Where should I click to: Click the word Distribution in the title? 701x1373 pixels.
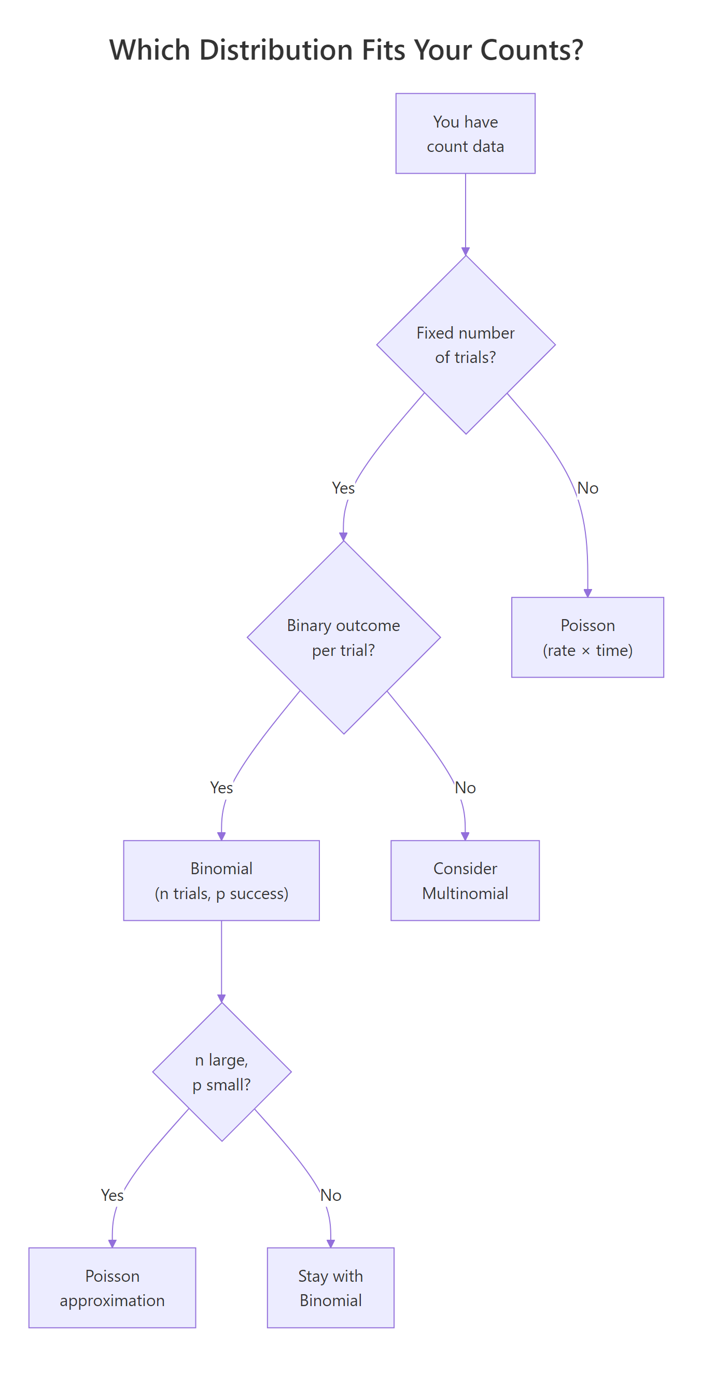click(x=276, y=50)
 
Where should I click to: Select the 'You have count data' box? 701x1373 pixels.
click(x=465, y=134)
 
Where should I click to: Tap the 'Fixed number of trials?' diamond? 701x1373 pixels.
click(x=466, y=345)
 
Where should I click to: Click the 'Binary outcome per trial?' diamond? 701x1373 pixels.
click(x=343, y=637)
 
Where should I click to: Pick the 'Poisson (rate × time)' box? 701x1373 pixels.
click(x=587, y=637)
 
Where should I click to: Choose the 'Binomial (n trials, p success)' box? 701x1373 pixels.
click(x=221, y=880)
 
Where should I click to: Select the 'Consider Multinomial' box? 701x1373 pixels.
click(x=465, y=880)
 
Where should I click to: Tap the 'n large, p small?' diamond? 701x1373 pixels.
click(x=221, y=1072)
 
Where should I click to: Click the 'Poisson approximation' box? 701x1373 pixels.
click(x=112, y=1288)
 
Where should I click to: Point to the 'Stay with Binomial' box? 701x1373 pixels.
click(x=330, y=1288)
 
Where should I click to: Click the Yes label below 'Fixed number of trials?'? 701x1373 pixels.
click(x=343, y=488)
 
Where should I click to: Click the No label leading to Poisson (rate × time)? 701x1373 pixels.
click(x=587, y=488)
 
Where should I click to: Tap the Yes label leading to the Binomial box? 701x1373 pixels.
click(x=221, y=788)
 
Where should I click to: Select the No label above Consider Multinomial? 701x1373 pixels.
click(x=465, y=788)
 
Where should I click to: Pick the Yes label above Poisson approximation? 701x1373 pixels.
click(x=112, y=1196)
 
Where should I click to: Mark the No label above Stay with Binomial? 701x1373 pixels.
click(x=330, y=1196)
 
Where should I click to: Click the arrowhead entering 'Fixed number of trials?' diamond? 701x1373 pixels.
click(x=466, y=251)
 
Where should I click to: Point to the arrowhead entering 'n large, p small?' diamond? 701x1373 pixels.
click(x=221, y=998)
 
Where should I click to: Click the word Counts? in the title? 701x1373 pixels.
click(x=531, y=50)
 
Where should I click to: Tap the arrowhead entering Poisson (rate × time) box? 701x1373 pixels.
click(x=587, y=593)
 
